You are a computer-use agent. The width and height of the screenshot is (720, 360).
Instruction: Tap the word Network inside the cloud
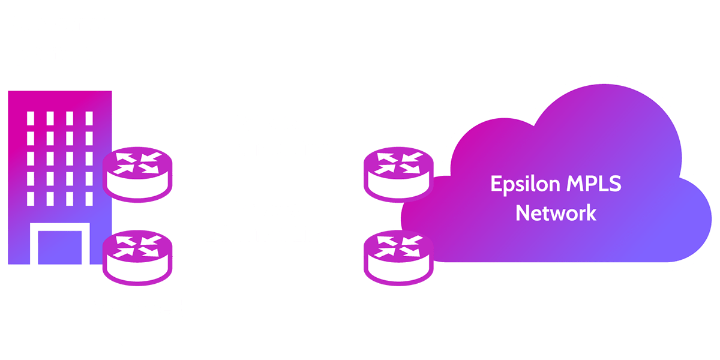(x=556, y=212)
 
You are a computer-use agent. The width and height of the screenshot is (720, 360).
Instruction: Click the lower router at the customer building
(x=137, y=257)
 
